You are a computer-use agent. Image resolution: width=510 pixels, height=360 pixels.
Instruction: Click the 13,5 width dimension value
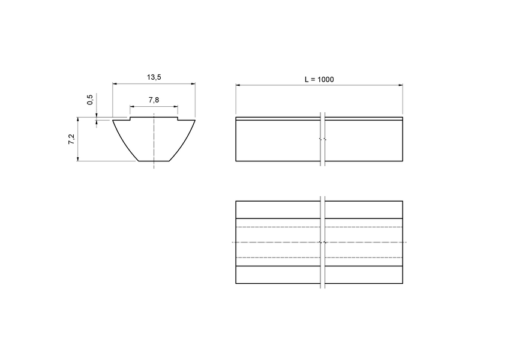[x=154, y=77]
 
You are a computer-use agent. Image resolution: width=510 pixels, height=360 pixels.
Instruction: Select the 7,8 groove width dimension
[x=154, y=100]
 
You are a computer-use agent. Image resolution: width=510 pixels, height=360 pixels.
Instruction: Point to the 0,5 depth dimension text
[x=90, y=100]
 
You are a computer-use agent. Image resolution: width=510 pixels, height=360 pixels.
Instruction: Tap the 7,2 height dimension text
[x=71, y=140]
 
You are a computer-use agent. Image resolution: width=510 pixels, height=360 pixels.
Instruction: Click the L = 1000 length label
[x=319, y=79]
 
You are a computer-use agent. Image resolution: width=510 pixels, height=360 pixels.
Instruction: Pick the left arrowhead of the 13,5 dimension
[x=115, y=84]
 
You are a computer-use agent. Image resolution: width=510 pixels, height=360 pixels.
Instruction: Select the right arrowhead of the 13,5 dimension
[x=193, y=84]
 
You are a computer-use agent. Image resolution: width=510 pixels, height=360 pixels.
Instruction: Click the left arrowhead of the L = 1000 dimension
[x=238, y=86]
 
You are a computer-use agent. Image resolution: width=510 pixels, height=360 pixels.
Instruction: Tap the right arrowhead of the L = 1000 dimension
[x=400, y=86]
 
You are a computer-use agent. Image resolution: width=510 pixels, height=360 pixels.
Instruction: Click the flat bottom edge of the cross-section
[x=154, y=161]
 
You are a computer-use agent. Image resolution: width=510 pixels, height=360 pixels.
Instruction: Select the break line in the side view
[x=323, y=139]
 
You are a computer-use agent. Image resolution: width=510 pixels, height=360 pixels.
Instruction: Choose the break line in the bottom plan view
[x=323, y=242]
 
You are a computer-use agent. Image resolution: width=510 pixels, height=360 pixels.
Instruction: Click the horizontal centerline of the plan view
[x=276, y=242]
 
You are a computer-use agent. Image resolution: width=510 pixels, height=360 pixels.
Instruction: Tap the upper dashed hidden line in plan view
[x=276, y=227]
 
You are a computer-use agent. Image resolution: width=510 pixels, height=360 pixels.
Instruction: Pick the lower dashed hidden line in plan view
[x=276, y=257]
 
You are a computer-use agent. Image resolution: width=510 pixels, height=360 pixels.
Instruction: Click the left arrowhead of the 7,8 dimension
[x=132, y=107]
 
